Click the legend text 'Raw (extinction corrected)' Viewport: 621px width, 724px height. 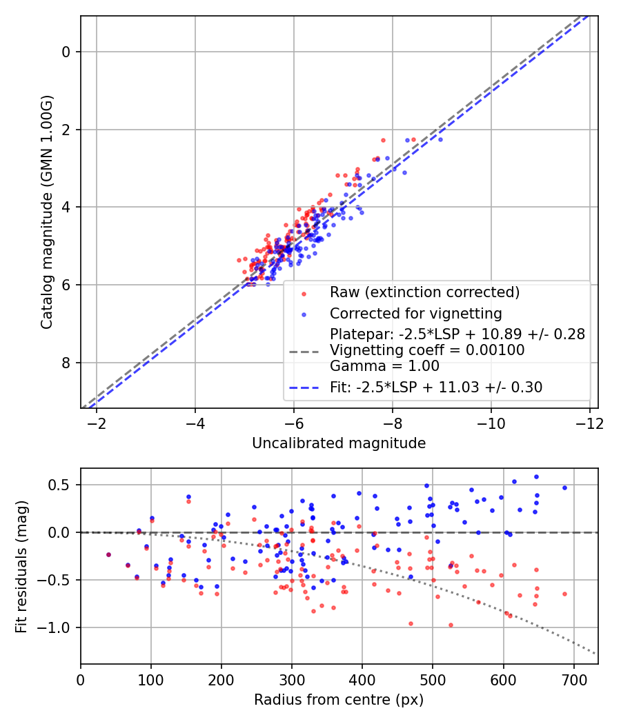coord(424,292)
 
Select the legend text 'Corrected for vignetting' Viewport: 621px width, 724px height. coord(415,312)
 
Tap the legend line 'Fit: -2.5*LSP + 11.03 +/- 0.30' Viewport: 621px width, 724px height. coord(436,388)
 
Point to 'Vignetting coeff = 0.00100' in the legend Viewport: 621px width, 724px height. coord(427,350)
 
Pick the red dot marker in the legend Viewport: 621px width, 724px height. coord(304,293)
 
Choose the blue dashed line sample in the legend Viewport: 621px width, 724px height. coord(304,388)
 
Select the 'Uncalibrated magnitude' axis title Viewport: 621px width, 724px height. coord(339,443)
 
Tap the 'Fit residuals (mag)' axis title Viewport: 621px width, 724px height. coord(21,566)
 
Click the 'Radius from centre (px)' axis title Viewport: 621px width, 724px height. coord(339,700)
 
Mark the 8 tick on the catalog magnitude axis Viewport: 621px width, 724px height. coord(66,363)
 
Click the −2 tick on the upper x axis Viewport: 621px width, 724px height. coord(96,421)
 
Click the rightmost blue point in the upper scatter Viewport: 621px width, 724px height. coord(440,139)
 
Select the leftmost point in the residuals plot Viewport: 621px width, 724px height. coord(108,554)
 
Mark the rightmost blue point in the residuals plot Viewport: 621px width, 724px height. coord(564,487)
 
